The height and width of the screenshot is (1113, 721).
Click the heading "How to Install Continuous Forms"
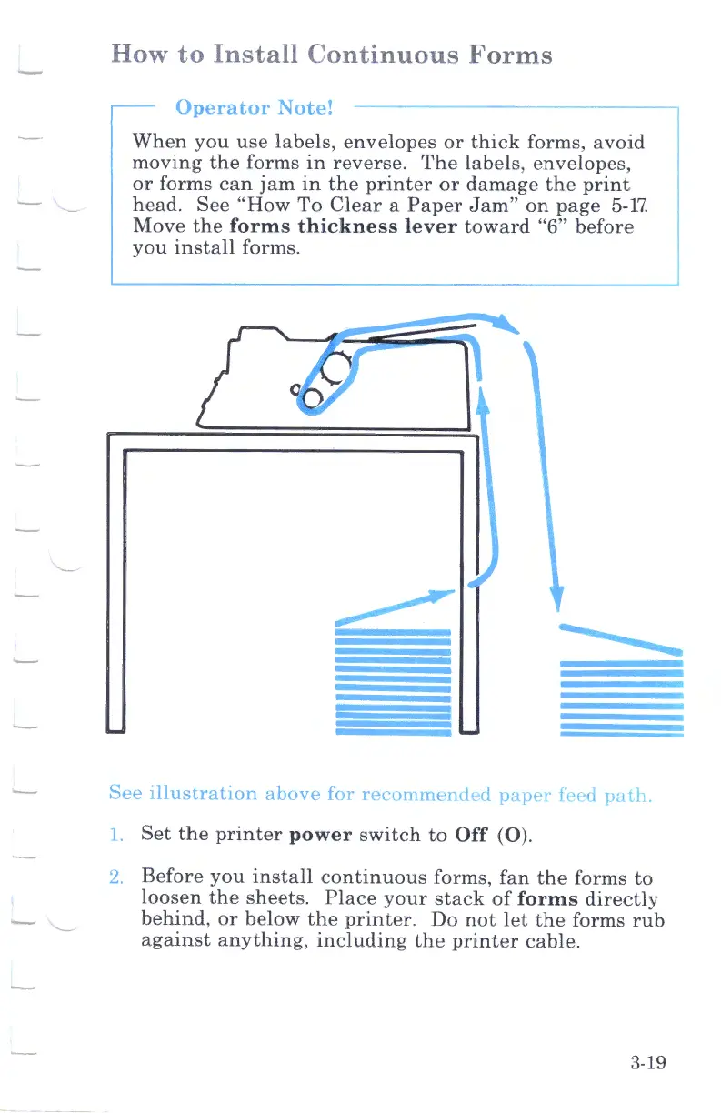tap(331, 55)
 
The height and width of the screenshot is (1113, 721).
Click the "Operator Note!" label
tap(255, 107)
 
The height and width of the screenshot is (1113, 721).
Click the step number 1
tap(114, 834)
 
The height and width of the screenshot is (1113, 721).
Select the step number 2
tap(115, 879)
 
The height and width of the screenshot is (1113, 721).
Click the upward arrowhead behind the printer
tap(482, 407)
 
